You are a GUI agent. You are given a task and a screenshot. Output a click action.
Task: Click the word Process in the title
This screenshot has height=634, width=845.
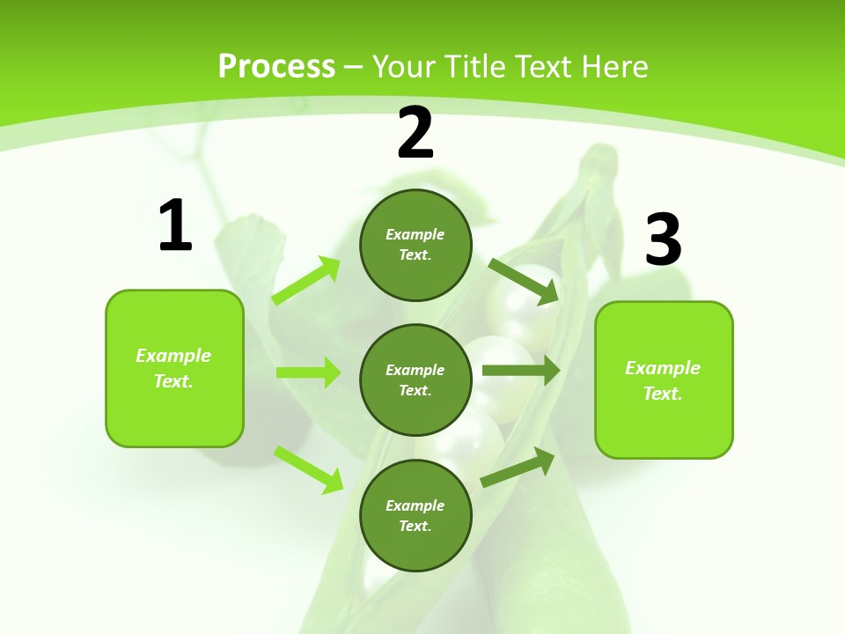pos(276,67)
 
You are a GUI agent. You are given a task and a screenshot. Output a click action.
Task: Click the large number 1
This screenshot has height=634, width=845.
pos(175,226)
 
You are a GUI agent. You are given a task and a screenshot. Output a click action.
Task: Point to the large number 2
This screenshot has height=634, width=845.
pos(415,133)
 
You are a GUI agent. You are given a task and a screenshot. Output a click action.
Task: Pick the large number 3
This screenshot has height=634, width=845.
pos(663,240)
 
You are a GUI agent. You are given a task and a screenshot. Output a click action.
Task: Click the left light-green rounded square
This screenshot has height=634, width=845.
pos(174,368)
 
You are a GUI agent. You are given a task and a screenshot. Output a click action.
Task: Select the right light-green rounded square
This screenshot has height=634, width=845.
pos(664,380)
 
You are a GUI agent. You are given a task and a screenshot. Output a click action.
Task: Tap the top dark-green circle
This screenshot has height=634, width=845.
pos(415,245)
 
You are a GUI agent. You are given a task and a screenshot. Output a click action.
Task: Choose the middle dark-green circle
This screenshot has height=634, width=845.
pos(415,380)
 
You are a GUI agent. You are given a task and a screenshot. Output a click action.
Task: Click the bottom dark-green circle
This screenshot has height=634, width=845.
pos(415,515)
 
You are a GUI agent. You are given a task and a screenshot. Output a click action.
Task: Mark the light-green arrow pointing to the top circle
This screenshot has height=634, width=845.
pos(306,280)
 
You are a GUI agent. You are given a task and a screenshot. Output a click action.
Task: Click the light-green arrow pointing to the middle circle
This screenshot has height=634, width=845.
pos(308,372)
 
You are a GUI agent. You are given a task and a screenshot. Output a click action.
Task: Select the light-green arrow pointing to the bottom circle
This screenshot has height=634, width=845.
pos(308,468)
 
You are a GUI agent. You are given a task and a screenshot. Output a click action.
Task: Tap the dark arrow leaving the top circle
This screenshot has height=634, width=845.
pos(525,281)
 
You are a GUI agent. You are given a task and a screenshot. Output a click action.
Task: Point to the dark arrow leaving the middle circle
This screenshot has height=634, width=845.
pos(520,371)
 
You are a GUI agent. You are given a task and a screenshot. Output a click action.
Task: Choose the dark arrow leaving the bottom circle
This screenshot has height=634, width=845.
pos(518,467)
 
